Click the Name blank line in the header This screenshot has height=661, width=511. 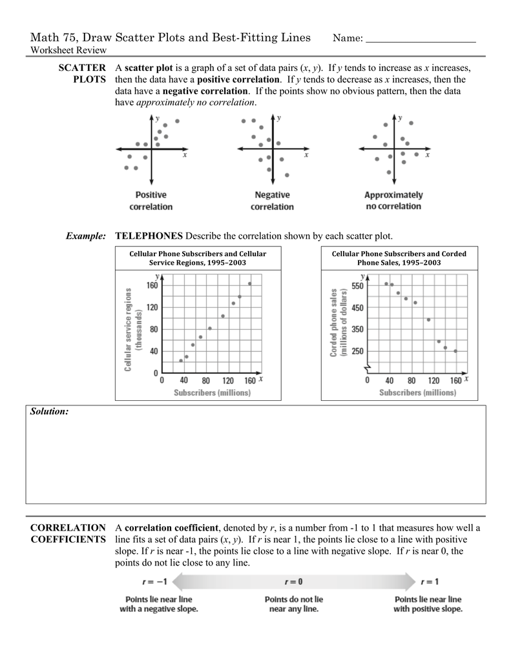pyautogui.click(x=421, y=42)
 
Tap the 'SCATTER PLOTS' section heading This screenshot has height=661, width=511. pyautogui.click(x=83, y=73)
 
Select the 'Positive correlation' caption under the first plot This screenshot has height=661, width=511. pyautogui.click(x=151, y=201)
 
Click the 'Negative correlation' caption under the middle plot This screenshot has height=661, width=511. pyautogui.click(x=272, y=201)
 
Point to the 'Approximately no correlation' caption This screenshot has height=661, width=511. pyautogui.click(x=393, y=200)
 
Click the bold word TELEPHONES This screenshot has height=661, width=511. pyautogui.click(x=149, y=236)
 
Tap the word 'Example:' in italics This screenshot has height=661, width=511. pyautogui.click(x=86, y=236)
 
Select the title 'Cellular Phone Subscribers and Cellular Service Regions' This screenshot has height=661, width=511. pyautogui.click(x=198, y=258)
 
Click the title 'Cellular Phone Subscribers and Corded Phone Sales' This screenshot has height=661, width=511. pyautogui.click(x=399, y=258)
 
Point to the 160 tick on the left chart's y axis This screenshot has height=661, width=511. pyautogui.click(x=152, y=284)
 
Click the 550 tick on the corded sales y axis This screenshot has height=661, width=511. pyautogui.click(x=357, y=285)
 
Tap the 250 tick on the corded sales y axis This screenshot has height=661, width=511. pyautogui.click(x=357, y=351)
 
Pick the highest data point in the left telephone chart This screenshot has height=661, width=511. pyautogui.click(x=249, y=283)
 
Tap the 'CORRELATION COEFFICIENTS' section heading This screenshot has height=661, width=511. pyautogui.click(x=68, y=533)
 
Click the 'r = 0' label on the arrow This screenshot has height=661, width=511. pyautogui.click(x=294, y=581)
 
